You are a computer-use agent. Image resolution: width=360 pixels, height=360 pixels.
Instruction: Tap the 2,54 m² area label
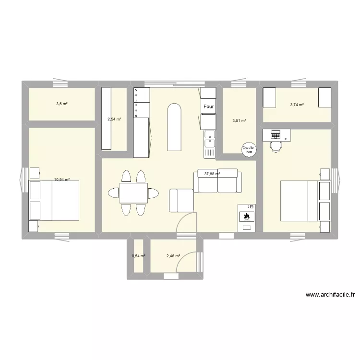[x=114, y=120]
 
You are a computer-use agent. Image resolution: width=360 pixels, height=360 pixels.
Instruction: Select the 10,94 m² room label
[x=62, y=180]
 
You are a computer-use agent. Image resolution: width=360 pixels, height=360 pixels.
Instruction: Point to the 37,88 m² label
[x=212, y=174]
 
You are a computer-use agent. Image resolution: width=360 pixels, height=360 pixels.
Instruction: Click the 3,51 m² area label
[x=239, y=121]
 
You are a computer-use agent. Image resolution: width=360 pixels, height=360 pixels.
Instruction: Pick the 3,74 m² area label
[x=297, y=104]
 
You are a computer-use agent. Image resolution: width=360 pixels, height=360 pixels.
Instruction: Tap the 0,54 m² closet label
[x=139, y=256]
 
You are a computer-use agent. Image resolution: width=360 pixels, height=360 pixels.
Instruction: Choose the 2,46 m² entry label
[x=173, y=256]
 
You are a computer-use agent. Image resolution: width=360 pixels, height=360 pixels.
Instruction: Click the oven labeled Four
[x=209, y=107]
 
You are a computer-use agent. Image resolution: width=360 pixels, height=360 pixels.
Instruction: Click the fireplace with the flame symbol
[x=247, y=217]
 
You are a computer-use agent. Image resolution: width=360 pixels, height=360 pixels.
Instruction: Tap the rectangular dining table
[x=133, y=193]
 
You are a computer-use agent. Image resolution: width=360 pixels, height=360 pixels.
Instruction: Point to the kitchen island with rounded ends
[x=173, y=128]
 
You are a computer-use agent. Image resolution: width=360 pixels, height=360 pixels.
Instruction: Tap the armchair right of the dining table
[x=181, y=200]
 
